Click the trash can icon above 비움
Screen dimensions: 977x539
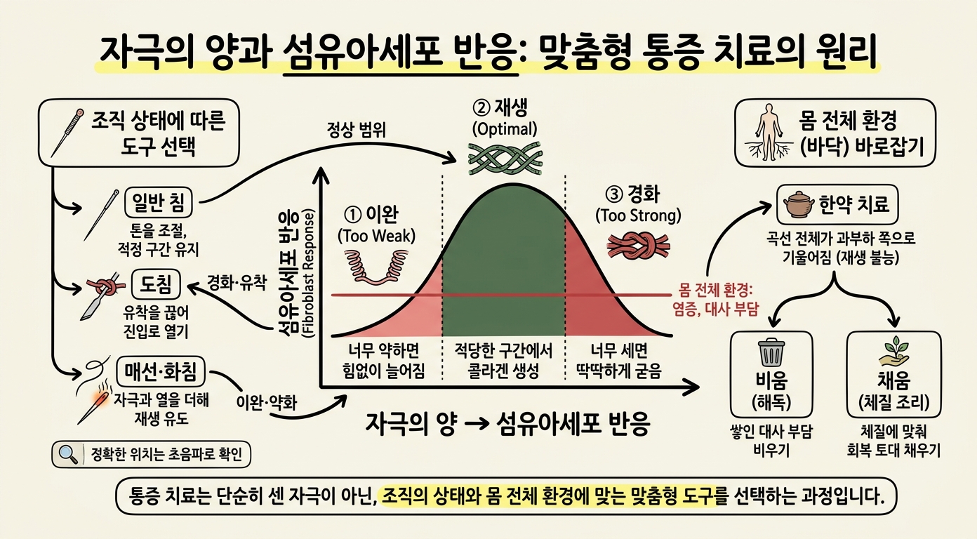(x=771, y=353)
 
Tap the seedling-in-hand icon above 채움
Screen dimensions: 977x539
(x=893, y=352)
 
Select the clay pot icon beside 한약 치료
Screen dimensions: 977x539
(x=799, y=204)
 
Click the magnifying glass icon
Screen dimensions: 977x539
(x=67, y=454)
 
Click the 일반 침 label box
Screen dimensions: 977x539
(x=159, y=202)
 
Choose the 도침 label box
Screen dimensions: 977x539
(x=156, y=284)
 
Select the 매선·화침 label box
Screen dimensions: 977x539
(x=161, y=371)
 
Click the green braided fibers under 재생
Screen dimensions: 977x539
(x=505, y=158)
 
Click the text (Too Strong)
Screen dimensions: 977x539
(x=638, y=216)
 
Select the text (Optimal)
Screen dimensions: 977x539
(x=505, y=129)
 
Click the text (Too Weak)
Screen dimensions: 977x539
(x=376, y=236)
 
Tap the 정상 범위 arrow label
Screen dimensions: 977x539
(x=357, y=130)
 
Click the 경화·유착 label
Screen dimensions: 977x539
(x=237, y=283)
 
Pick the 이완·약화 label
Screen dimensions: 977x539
(x=266, y=403)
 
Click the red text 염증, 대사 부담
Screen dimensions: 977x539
(x=716, y=310)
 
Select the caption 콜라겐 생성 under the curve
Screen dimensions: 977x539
(x=503, y=371)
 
